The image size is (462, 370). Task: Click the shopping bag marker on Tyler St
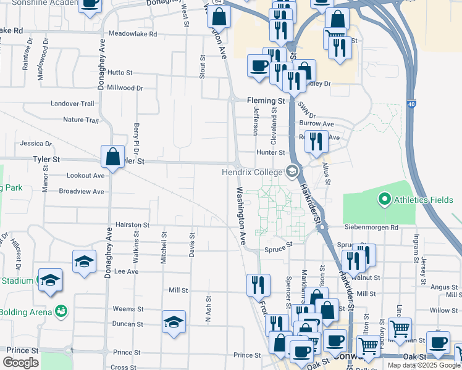112,157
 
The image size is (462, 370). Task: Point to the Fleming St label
266,101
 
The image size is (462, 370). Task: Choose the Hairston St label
133,226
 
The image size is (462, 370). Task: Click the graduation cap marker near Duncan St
174,322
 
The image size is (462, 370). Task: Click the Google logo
20,362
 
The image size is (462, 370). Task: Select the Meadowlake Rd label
132,34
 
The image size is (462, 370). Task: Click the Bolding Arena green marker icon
61,310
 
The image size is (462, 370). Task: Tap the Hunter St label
271,152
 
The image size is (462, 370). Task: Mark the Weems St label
128,309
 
